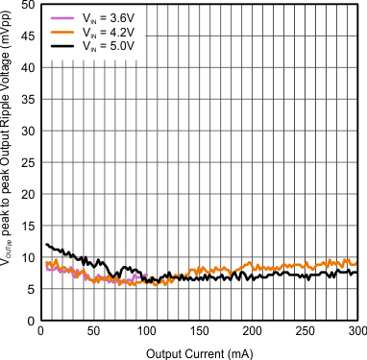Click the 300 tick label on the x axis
tap(356, 331)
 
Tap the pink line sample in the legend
tap(58, 16)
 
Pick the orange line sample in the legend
tap(58, 31)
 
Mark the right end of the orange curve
tap(356, 264)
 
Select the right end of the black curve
tap(356, 273)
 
